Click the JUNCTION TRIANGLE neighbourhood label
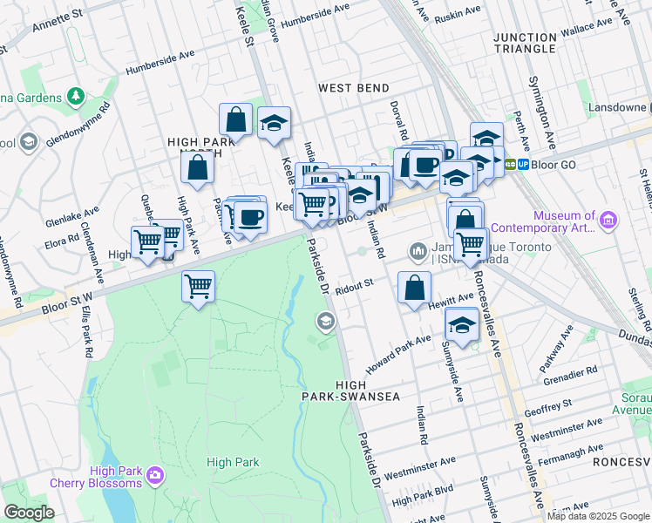click(x=524, y=43)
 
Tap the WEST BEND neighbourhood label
click(x=353, y=88)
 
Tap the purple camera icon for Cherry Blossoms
click(x=155, y=475)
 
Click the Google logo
click(x=29, y=512)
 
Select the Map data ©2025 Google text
click(x=598, y=516)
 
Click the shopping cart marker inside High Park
click(x=199, y=286)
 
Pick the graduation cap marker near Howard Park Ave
click(x=461, y=327)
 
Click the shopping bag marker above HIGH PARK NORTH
click(x=235, y=119)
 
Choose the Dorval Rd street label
click(x=404, y=124)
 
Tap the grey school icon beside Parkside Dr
click(x=326, y=323)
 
